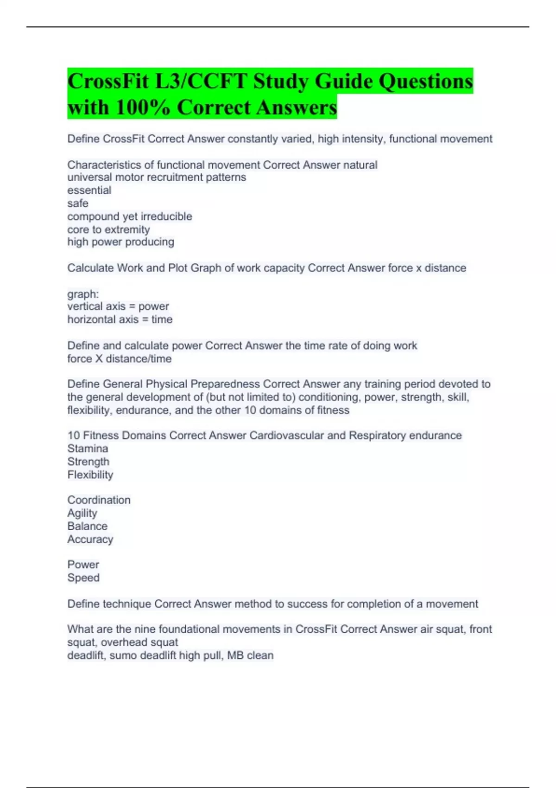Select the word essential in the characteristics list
89,191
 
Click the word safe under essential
78,203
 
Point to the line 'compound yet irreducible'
130,216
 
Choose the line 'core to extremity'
108,229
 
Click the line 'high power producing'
121,242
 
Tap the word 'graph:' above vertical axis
83,294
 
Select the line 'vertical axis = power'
118,306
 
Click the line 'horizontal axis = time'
120,319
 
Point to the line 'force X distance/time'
120,359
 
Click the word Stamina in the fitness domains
88,449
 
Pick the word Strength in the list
88,462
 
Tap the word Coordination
99,500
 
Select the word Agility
82,513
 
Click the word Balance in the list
88,526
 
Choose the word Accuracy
90,540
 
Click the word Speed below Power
83,578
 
